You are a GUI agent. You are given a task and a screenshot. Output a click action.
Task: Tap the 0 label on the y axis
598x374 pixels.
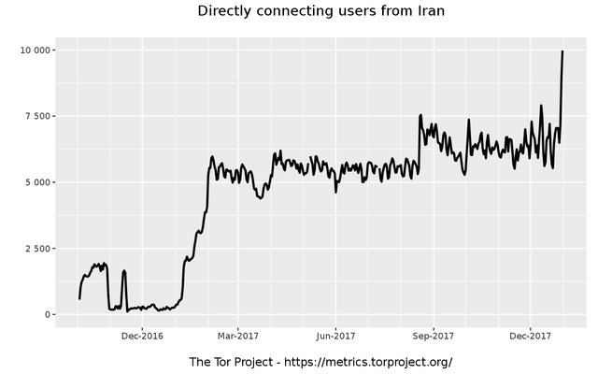tap(47, 315)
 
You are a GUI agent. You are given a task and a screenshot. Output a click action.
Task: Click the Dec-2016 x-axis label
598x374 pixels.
tap(142, 336)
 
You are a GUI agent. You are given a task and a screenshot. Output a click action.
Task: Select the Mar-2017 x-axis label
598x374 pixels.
tap(237, 336)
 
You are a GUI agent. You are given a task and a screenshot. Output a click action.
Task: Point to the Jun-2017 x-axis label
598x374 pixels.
tap(335, 336)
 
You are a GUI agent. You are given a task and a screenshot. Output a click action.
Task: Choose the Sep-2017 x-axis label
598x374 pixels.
tap(433, 336)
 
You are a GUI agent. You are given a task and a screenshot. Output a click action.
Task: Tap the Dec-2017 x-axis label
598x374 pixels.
tap(529, 336)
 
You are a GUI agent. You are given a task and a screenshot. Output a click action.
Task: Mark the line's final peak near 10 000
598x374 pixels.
tap(562, 51)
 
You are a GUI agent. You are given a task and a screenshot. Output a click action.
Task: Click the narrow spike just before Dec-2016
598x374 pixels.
tap(124, 271)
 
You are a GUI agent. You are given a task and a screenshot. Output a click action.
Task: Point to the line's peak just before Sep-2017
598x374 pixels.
tap(420, 115)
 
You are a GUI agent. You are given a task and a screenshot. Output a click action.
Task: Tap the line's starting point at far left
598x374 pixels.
tap(79, 298)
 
